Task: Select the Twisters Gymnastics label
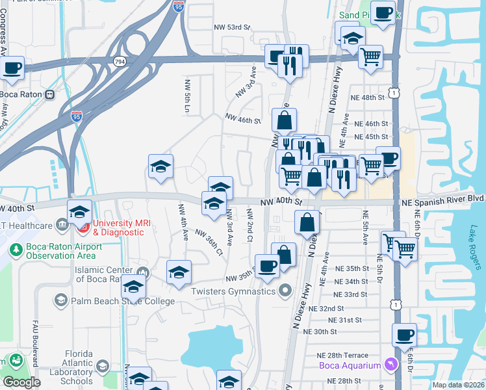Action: pyautogui.click(x=233, y=291)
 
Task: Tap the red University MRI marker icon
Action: pyautogui.click(x=83, y=227)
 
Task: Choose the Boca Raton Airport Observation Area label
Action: pyautogui.click(x=64, y=252)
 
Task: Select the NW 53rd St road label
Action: pyautogui.click(x=232, y=27)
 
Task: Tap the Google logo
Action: pyautogui.click(x=21, y=382)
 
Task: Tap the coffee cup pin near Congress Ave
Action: pyautogui.click(x=13, y=70)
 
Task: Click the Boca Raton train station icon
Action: pyautogui.click(x=49, y=94)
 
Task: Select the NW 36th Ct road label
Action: pyautogui.click(x=209, y=242)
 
